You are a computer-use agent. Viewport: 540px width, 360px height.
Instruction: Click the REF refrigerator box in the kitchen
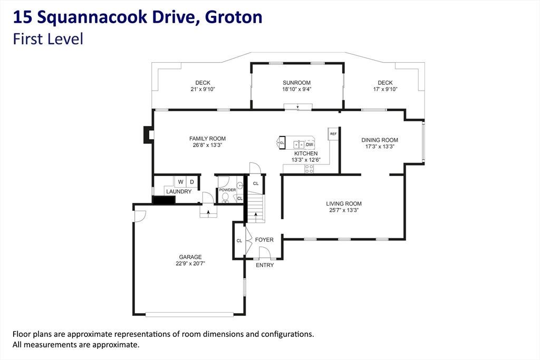(x=333, y=134)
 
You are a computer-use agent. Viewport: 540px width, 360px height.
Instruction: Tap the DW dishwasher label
(x=310, y=144)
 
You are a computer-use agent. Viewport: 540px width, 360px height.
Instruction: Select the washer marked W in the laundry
(x=180, y=182)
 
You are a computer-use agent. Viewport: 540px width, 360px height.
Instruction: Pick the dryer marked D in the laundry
(x=192, y=182)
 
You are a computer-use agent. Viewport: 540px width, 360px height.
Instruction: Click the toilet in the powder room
(x=225, y=197)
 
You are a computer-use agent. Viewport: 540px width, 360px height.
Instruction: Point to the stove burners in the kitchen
(x=309, y=169)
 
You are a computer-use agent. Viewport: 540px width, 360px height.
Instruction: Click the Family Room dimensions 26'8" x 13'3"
(x=207, y=145)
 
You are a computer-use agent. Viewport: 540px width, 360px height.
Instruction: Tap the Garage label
(x=190, y=257)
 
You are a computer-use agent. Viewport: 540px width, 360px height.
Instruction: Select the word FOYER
(x=264, y=239)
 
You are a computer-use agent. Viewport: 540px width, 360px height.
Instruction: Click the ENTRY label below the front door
(x=265, y=265)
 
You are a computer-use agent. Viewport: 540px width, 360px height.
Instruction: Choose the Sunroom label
(x=296, y=83)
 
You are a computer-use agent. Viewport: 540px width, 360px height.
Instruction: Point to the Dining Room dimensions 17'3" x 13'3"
(x=380, y=147)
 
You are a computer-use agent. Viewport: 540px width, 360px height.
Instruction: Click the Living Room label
(x=344, y=204)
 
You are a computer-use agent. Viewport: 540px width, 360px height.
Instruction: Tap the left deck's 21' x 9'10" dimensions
(x=203, y=89)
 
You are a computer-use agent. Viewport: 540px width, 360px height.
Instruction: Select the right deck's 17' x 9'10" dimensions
(x=385, y=89)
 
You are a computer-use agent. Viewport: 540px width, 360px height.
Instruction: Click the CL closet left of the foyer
(x=239, y=240)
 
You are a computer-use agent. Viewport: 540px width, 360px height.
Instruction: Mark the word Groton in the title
(x=234, y=17)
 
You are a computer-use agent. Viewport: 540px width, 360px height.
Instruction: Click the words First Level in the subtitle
(x=48, y=39)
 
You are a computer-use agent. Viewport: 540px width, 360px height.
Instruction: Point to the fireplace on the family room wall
(x=148, y=134)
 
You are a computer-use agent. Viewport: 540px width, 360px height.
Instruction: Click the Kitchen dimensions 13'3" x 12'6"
(x=306, y=160)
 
